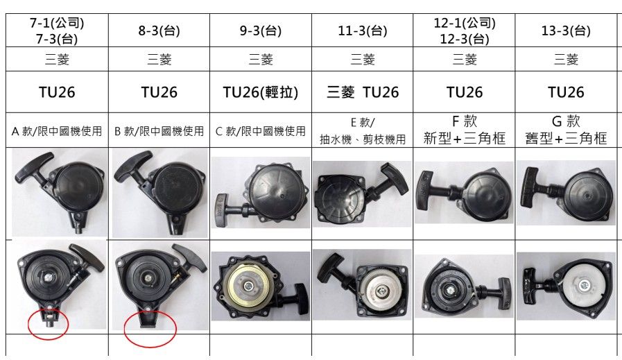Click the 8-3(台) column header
tap(159, 31)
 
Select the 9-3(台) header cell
tap(261, 31)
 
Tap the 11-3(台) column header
tap(363, 31)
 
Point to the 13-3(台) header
tap(566, 31)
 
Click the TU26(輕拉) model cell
tap(261, 92)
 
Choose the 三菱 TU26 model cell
tap(363, 92)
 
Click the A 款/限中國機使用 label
tap(57, 130)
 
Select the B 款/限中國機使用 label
tap(159, 130)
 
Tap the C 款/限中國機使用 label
tap(261, 130)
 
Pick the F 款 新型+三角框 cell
tap(465, 130)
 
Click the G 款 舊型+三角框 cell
tap(566, 130)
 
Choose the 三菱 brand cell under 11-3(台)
tap(363, 60)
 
